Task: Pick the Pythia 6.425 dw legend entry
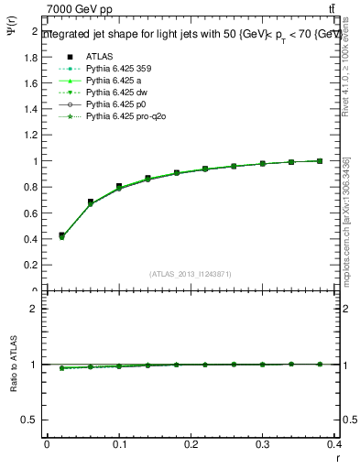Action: (115, 92)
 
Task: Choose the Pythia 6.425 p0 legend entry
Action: (115, 104)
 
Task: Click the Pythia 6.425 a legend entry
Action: (112, 80)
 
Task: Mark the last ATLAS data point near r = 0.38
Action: (320, 160)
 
